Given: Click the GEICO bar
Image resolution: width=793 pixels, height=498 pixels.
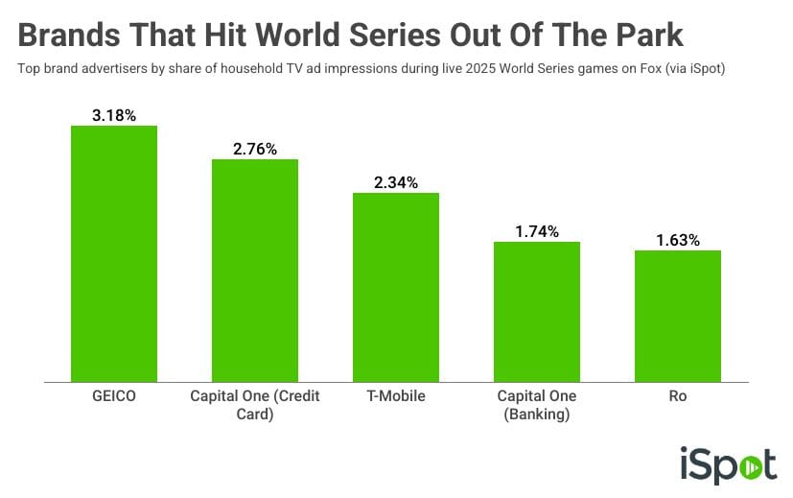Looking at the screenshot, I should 114,254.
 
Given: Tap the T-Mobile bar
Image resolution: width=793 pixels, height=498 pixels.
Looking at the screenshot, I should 396,288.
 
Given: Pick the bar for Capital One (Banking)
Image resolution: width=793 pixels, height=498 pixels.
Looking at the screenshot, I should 537,312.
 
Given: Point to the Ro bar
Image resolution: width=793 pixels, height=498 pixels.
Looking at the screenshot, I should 678,317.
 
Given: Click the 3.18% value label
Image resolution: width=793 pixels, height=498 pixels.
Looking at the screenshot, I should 114,115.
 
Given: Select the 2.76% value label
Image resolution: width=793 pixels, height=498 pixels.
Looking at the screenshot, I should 255,149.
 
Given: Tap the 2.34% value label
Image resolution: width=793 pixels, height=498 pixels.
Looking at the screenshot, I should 396,182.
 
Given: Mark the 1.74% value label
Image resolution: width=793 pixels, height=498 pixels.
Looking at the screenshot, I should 537,231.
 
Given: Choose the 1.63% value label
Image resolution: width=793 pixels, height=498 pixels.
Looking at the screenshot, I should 678,240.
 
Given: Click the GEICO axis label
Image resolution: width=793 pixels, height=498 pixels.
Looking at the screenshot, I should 114,396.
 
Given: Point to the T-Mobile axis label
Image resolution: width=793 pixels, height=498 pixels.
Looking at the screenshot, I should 396,396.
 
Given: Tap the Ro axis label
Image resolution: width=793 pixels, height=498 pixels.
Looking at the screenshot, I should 678,396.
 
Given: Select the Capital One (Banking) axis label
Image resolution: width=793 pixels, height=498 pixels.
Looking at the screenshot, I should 537,405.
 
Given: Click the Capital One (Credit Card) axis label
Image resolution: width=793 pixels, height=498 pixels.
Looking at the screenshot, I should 255,405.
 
